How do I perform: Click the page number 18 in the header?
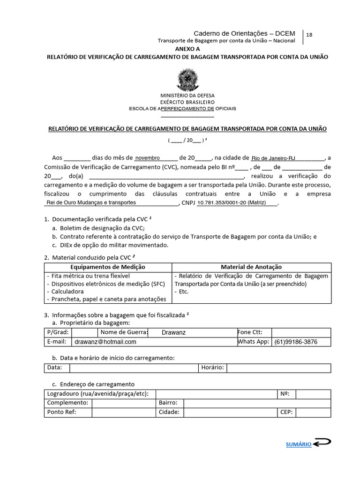(x=309, y=35)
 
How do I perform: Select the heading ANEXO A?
(x=187, y=49)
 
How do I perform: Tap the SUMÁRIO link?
(x=299, y=444)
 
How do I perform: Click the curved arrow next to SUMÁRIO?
(x=322, y=443)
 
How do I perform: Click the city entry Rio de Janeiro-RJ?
(x=273, y=158)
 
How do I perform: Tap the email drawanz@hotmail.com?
(x=105, y=342)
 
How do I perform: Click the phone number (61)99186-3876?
(x=296, y=342)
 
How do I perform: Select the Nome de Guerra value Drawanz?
(x=173, y=332)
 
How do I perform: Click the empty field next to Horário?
(x=278, y=367)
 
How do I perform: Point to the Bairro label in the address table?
(x=168, y=403)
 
